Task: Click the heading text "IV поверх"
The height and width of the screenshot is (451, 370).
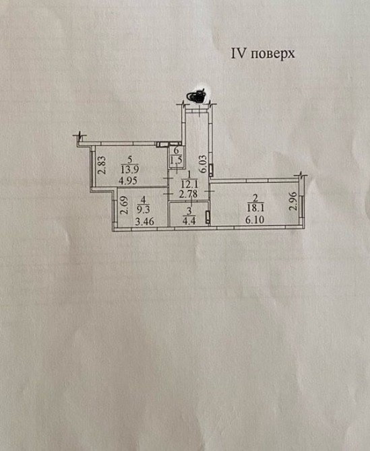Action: tap(263, 54)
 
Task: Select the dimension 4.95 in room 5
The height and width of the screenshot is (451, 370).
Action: tap(129, 180)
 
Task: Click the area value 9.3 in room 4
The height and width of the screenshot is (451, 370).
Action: tap(144, 209)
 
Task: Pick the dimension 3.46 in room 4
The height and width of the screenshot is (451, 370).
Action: tap(145, 221)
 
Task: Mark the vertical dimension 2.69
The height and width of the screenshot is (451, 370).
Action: tap(124, 205)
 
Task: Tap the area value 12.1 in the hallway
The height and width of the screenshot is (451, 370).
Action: tap(189, 184)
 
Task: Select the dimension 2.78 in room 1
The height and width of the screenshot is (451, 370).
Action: tap(188, 194)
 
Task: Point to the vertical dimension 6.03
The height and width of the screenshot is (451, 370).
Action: tap(204, 164)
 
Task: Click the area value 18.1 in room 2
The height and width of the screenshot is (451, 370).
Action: tap(255, 208)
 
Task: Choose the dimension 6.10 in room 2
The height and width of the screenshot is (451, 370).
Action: tap(255, 219)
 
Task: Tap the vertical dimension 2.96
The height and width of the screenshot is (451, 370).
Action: tap(293, 201)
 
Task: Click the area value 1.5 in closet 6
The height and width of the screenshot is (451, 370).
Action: tap(176, 160)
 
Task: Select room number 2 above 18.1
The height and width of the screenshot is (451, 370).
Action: tap(255, 198)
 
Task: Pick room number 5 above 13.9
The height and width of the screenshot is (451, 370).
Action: tap(129, 160)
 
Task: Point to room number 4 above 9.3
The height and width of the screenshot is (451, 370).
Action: tap(144, 199)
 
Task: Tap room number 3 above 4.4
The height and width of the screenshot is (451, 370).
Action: tap(189, 211)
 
